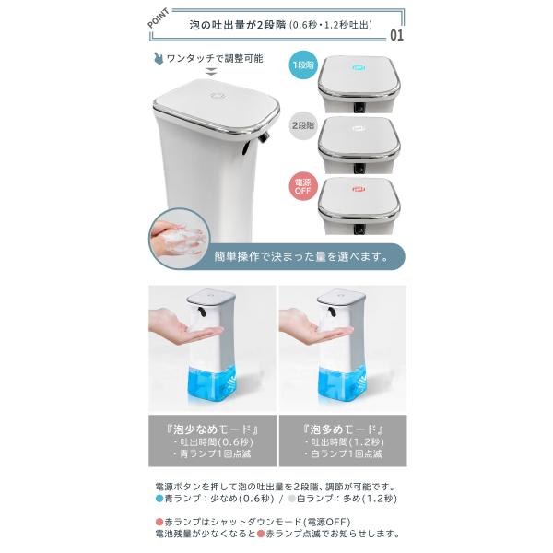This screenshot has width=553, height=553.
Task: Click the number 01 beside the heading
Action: tap(396, 35)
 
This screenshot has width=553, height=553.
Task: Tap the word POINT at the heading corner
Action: tap(159, 18)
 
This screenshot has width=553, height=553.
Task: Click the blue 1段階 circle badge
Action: tap(303, 65)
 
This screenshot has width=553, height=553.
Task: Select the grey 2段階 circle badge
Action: tap(303, 125)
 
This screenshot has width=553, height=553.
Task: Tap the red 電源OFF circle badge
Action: tap(303, 186)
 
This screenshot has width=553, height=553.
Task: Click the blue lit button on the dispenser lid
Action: tap(359, 67)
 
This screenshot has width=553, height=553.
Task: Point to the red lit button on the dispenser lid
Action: tap(359, 189)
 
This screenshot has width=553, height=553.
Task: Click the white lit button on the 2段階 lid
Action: tap(359, 128)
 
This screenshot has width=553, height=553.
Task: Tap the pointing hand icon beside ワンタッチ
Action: tap(159, 59)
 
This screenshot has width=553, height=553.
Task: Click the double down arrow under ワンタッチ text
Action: tap(211, 72)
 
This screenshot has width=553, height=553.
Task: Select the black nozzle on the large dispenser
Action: tap(264, 137)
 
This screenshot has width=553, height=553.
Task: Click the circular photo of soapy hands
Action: tap(179, 238)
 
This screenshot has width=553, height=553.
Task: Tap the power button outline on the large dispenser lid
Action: tap(218, 96)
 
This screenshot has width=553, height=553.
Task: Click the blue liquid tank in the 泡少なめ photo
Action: tap(212, 383)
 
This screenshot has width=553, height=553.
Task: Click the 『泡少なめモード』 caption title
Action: tap(212, 429)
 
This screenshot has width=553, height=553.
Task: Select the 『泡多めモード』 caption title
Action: tap(343, 429)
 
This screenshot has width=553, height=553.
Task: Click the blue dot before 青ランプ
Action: tap(159, 499)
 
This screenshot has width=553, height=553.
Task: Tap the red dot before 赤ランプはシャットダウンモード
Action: tap(159, 522)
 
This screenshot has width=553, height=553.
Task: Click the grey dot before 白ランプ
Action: tap(292, 499)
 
